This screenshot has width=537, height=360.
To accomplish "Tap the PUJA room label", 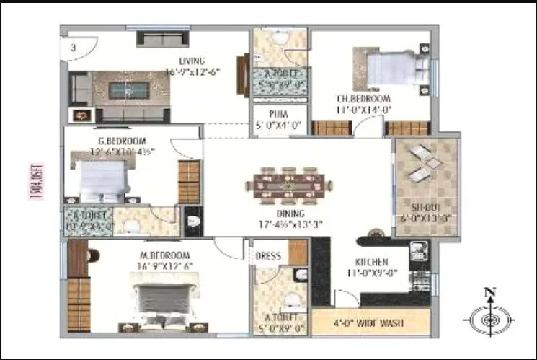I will point(280,114).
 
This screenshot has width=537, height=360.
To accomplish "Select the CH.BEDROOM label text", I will point(363,99).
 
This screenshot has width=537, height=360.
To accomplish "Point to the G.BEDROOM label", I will point(123,141).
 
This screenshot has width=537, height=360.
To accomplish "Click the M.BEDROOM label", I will point(165,255).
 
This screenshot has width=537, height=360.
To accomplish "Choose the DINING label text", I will point(289,214).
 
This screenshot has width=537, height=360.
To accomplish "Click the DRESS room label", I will point(268,255).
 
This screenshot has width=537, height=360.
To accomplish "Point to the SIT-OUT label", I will point(425,207).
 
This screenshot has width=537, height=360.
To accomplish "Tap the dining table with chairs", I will point(289,185).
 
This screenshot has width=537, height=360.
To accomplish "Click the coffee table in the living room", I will point(129,91).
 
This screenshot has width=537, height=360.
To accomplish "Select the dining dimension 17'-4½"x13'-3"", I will point(289,224).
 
